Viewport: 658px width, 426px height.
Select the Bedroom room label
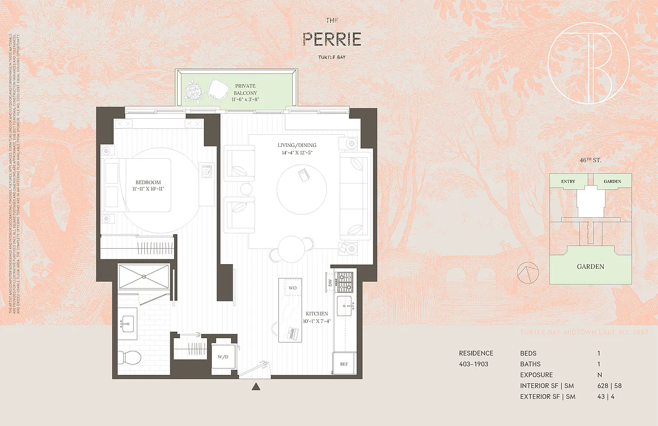(x=148, y=185)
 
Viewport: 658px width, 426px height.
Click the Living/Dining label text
(x=297, y=149)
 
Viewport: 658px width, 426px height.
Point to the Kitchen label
(x=317, y=317)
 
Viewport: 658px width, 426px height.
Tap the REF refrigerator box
(x=344, y=364)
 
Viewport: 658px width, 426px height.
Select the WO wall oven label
(x=292, y=288)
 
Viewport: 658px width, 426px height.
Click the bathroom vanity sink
(x=128, y=323)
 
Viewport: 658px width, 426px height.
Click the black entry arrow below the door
(x=257, y=386)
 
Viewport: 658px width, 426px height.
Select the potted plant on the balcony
(x=194, y=92)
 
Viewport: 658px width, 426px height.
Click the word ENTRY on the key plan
(x=568, y=182)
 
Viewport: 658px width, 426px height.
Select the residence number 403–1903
(x=473, y=364)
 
